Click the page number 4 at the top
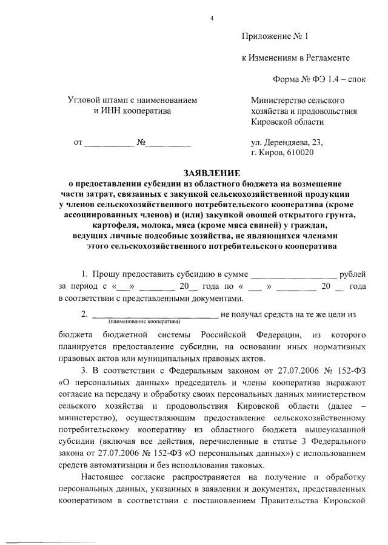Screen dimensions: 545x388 (212, 18)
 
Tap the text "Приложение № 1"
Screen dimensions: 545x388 (275, 36)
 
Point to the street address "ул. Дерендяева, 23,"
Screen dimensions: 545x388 (287, 142)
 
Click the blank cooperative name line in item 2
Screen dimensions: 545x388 (154, 315)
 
